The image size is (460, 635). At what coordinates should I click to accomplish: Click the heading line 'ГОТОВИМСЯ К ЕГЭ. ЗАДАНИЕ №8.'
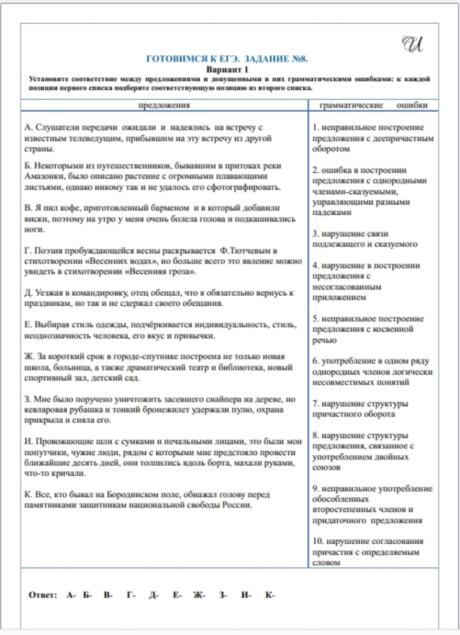(x=227, y=60)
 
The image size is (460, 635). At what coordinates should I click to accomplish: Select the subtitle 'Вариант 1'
(x=227, y=69)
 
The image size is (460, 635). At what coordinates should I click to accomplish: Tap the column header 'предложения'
(x=164, y=105)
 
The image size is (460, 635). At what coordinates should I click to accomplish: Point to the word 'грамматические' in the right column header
(x=351, y=105)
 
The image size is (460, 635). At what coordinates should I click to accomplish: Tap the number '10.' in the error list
(x=319, y=541)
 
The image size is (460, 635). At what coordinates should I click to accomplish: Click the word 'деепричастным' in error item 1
(x=404, y=139)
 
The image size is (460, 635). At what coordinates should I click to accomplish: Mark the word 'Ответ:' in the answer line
(x=43, y=595)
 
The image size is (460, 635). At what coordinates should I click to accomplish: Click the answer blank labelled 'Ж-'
(x=199, y=595)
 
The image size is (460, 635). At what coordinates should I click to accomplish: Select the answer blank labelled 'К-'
(x=270, y=595)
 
